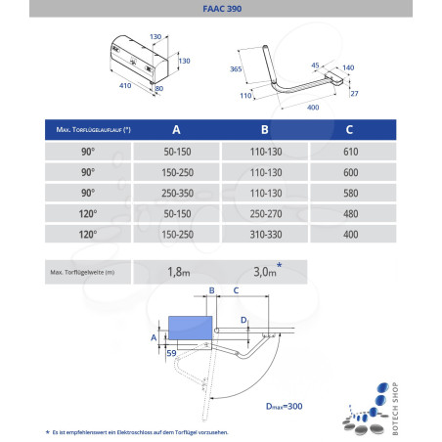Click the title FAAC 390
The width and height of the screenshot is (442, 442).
coord(220,9)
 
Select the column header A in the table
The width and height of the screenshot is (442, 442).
coord(176,130)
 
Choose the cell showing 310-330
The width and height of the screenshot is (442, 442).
coord(264,236)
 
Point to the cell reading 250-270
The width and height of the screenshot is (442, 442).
coord(264,214)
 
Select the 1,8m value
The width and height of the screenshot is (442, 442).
coord(179,271)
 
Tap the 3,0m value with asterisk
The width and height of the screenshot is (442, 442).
coord(267,270)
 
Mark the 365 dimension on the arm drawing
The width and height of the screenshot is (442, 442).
coord(235,69)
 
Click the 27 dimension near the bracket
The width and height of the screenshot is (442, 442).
coord(353,94)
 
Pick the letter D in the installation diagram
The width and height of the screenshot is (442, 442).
coord(243,319)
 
